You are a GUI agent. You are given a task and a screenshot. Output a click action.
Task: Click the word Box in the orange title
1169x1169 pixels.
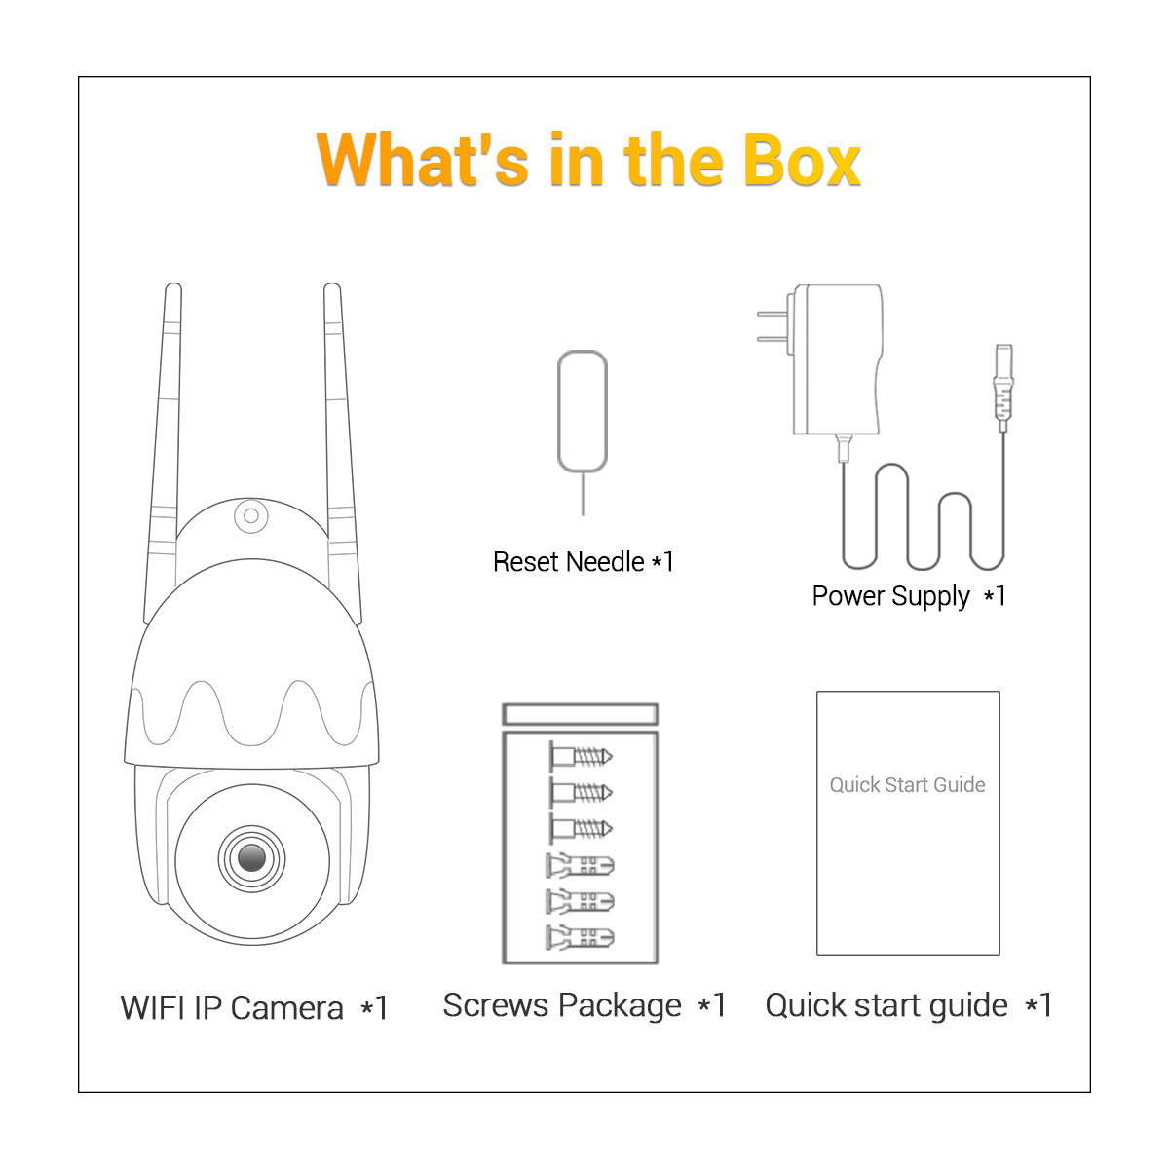point(802,160)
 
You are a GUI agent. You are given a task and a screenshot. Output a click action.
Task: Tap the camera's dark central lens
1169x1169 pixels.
point(251,857)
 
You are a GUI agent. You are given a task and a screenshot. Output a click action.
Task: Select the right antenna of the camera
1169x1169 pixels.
point(343,452)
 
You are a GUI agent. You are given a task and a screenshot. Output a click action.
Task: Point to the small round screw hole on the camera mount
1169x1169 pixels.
point(251,515)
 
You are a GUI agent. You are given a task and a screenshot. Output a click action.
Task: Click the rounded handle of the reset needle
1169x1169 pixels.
point(583,411)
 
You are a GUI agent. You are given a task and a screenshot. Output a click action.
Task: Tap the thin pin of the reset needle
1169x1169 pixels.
point(583,494)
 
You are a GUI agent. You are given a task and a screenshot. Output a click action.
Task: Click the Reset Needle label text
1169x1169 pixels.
point(583,562)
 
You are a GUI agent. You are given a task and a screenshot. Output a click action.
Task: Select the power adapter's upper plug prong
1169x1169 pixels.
point(774,314)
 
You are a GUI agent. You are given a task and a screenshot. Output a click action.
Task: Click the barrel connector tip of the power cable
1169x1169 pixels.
point(1003,389)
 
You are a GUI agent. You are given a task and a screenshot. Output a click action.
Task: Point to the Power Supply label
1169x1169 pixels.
point(909,596)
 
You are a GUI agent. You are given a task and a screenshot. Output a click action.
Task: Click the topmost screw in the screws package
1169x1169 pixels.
point(581,757)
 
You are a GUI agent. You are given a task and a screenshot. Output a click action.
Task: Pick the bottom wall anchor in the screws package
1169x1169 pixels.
point(580,938)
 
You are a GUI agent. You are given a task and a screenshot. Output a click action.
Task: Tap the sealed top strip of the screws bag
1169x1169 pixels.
point(580,713)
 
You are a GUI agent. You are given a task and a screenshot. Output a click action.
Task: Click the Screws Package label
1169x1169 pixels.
point(584,1006)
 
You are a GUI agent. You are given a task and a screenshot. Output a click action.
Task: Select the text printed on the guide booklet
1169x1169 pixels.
point(907,784)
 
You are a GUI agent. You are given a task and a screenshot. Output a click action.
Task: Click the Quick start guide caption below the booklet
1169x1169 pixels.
point(908,1006)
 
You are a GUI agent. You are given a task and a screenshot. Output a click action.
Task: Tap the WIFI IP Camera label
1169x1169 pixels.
point(254,1008)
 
